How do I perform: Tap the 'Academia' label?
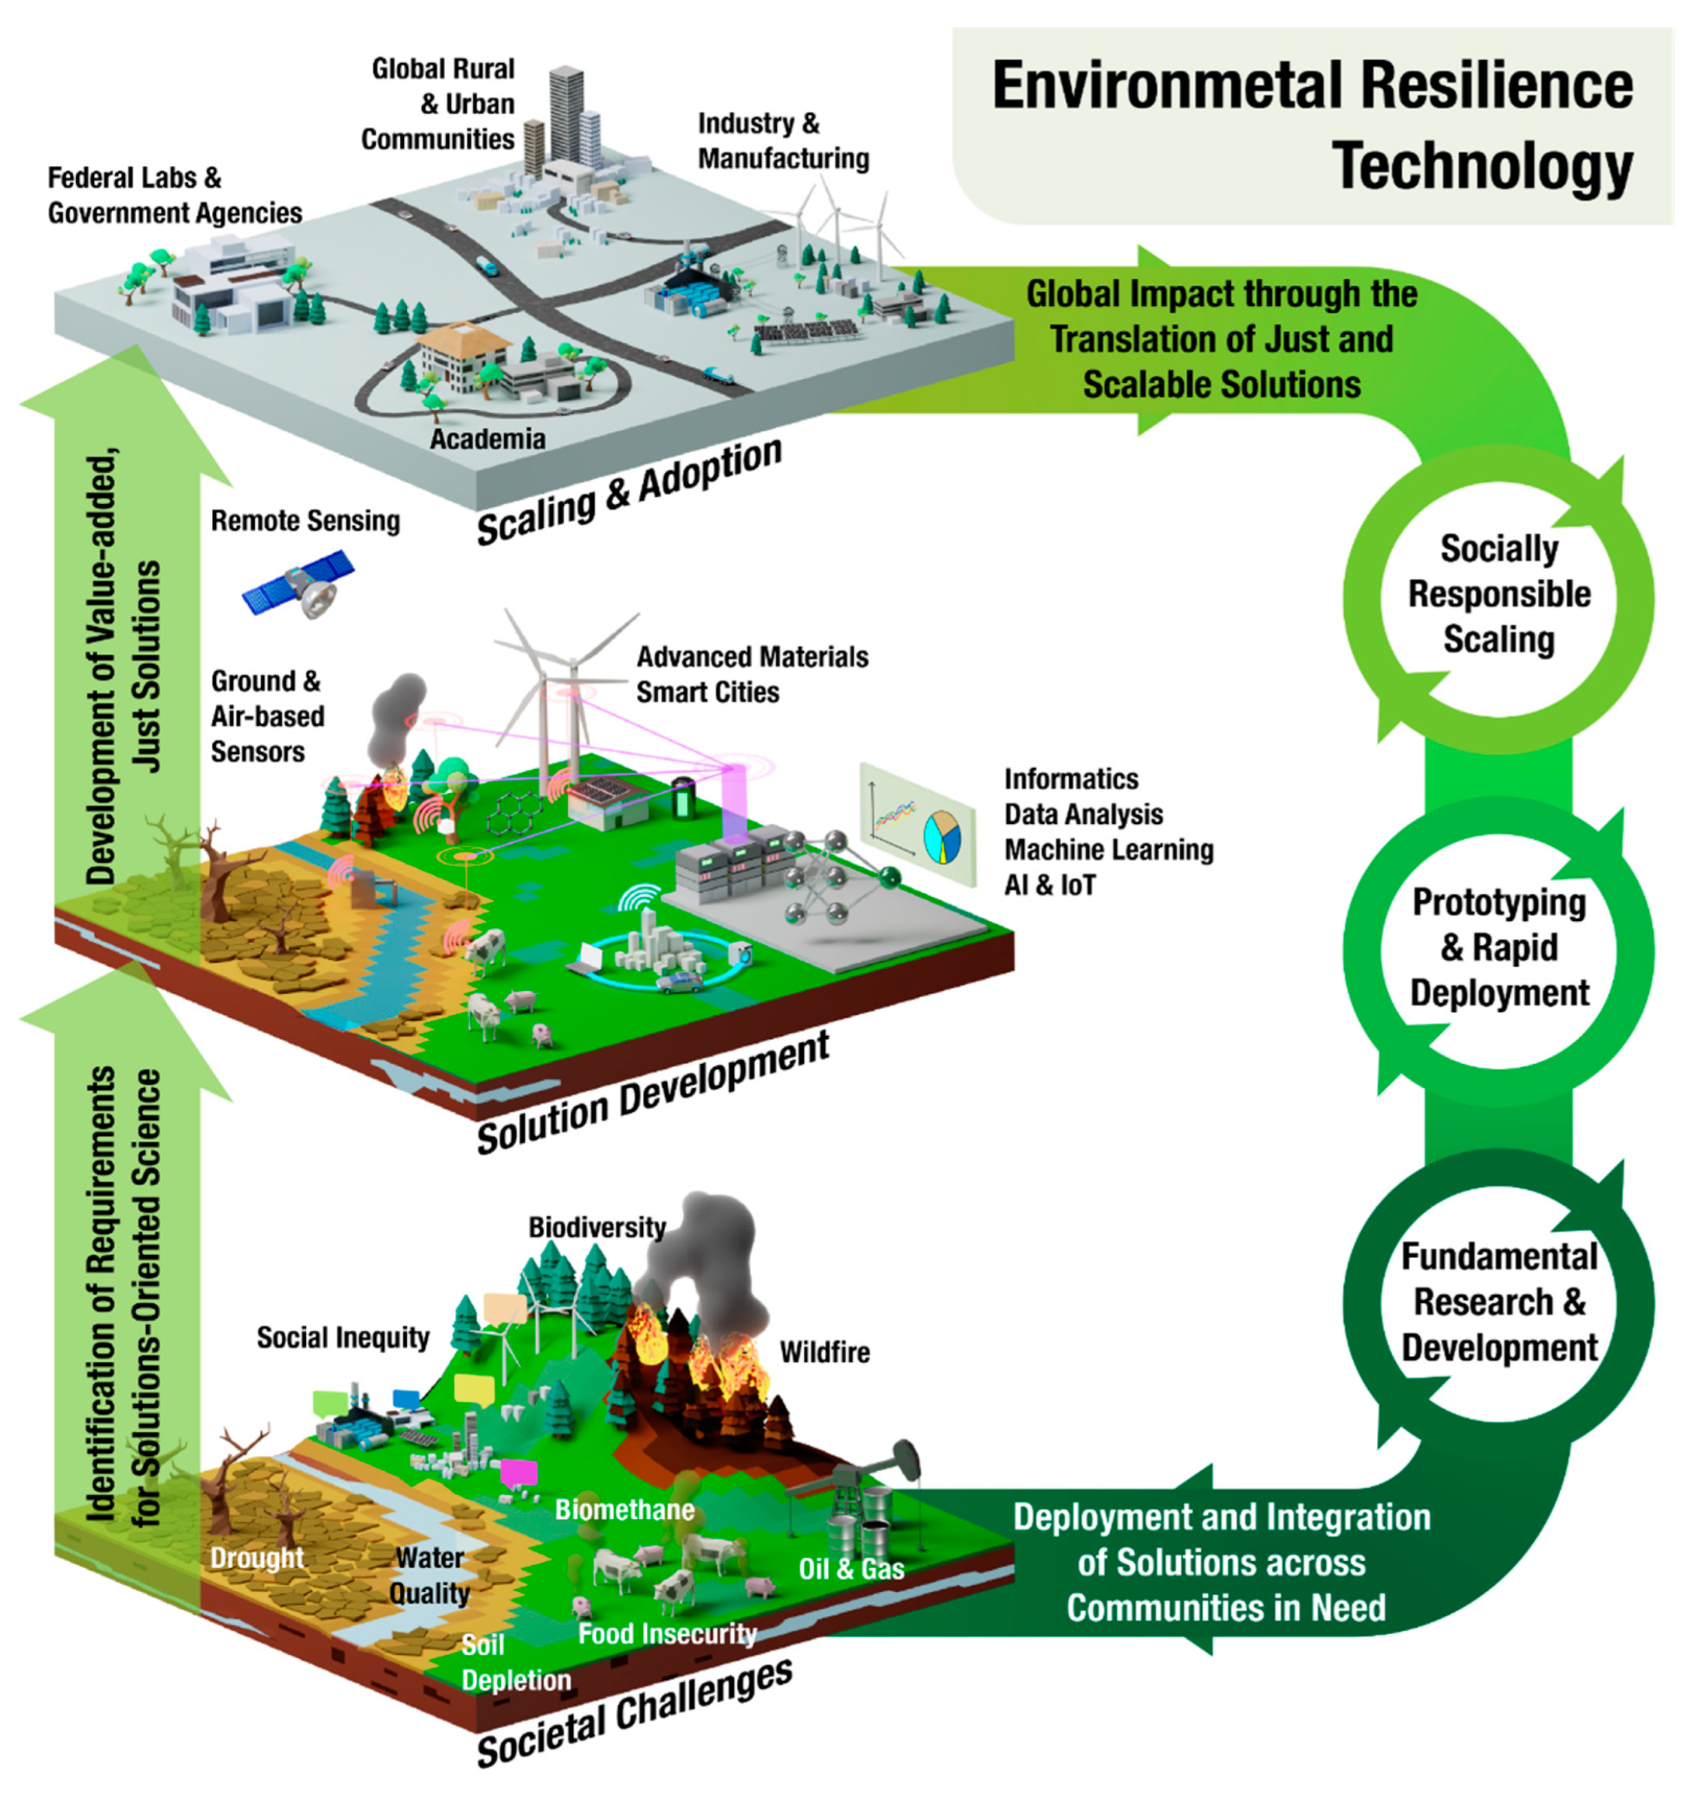(488, 439)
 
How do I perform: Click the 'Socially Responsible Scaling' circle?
(1498, 595)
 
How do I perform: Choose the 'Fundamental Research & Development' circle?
(1498, 1302)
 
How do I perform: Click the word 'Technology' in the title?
(1482, 167)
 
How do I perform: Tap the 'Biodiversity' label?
(597, 1228)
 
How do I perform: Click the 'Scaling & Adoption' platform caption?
(629, 491)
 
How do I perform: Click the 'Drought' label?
(257, 1558)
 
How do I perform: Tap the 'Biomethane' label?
(625, 1510)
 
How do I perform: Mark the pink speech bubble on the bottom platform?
(519, 1473)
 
